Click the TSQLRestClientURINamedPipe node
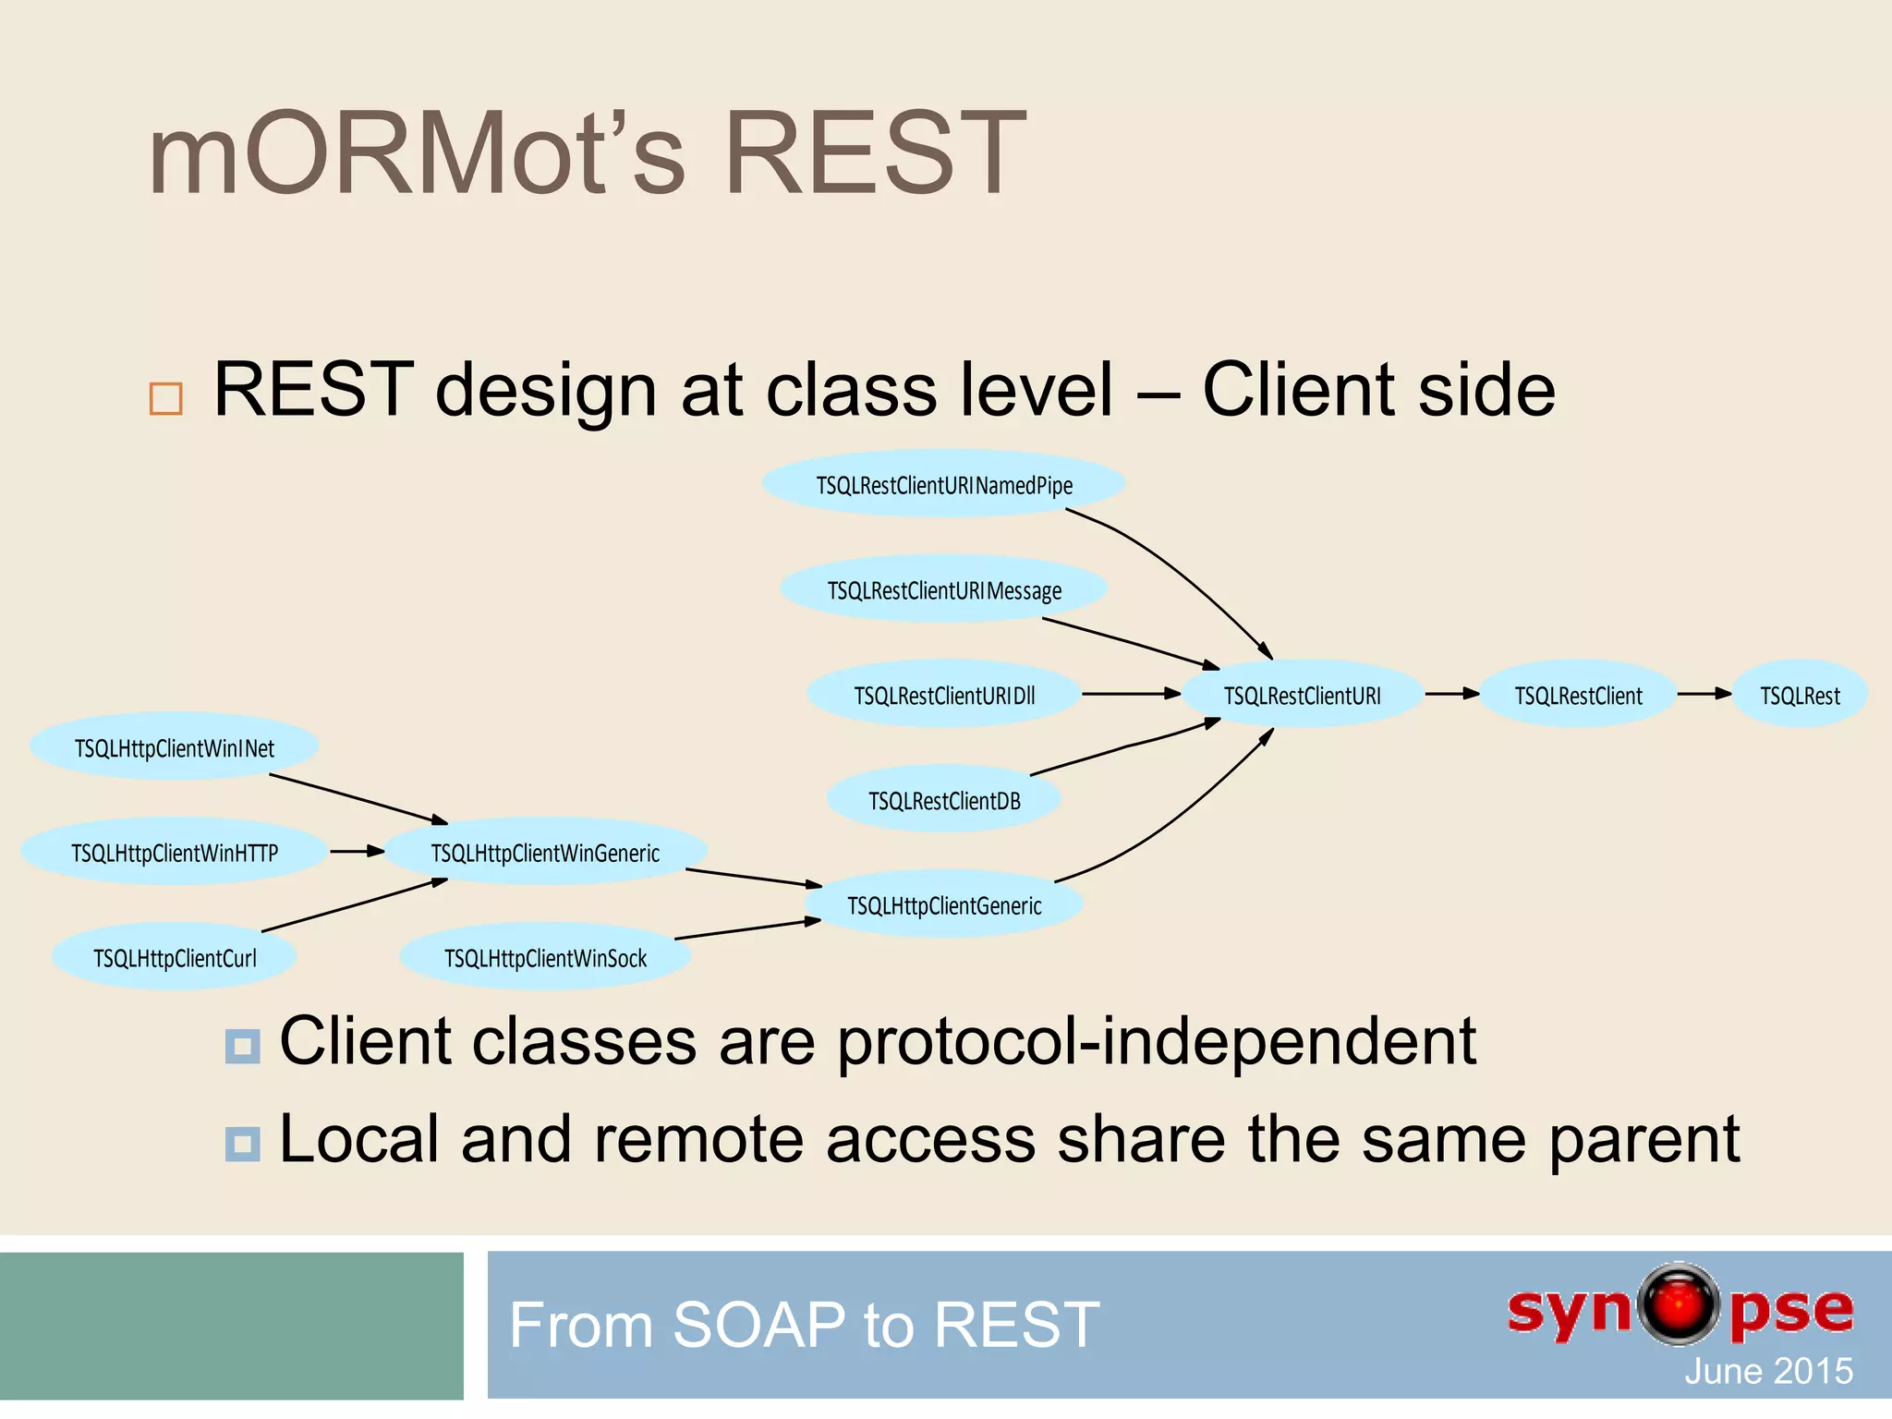point(943,484)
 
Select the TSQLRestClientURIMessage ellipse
point(943,589)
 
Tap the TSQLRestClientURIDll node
point(943,695)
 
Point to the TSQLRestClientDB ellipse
point(943,800)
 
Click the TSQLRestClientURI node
point(1302,695)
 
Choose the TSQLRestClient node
point(1578,695)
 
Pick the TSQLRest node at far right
point(1800,695)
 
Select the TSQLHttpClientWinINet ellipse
point(175,747)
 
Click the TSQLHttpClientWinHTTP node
point(175,852)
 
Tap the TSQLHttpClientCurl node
point(175,957)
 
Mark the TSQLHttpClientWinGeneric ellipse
point(545,852)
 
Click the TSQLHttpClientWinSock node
point(545,957)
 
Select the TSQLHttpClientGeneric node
point(943,904)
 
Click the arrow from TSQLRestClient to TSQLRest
point(1704,694)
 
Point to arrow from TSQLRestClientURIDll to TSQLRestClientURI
point(1131,694)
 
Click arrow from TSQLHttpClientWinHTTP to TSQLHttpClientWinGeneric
point(357,851)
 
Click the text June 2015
point(1767,1371)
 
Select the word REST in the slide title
point(874,153)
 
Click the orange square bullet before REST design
point(166,398)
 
